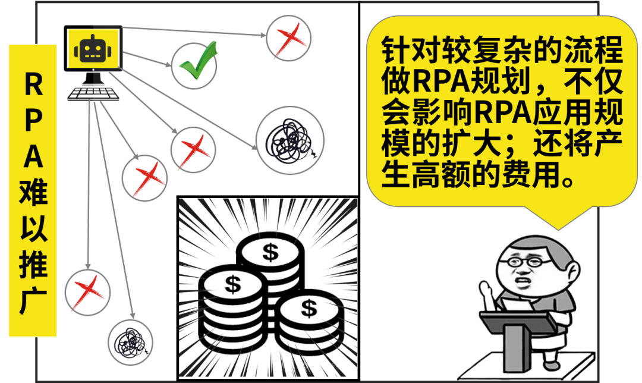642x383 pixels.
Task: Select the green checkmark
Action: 197,64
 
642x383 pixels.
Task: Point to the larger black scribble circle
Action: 289,137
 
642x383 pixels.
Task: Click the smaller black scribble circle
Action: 130,342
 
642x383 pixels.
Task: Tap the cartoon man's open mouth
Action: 524,281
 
